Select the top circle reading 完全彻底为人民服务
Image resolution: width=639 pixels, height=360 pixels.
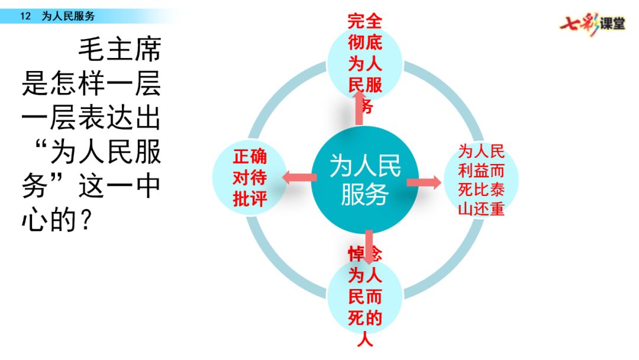(365, 63)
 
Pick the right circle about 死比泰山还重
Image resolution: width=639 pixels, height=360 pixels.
(481, 179)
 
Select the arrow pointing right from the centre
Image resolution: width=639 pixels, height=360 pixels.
(424, 182)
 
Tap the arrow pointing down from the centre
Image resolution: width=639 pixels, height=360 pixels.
(369, 246)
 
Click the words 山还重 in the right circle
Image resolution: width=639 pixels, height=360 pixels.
(481, 209)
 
